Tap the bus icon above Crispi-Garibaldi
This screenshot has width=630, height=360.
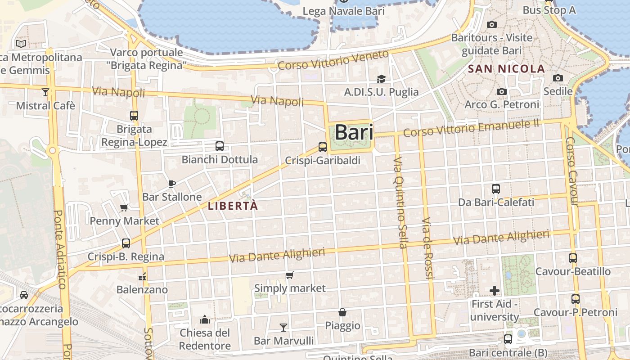tap(323, 147)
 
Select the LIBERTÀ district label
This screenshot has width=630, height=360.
tap(233, 206)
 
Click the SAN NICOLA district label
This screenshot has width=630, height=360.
tap(507, 69)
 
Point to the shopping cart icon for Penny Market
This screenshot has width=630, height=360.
tap(124, 207)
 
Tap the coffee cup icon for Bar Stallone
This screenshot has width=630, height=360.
tap(171, 183)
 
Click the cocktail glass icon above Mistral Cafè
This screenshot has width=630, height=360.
tap(45, 92)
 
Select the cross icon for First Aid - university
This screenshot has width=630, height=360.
tap(495, 291)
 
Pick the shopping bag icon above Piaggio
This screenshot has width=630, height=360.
tap(342, 312)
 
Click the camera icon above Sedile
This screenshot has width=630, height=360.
tap(558, 78)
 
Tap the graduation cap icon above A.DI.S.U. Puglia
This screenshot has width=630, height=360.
tap(381, 79)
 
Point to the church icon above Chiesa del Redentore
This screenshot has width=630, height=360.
tap(205, 319)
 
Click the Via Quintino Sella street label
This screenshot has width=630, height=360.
tap(400, 202)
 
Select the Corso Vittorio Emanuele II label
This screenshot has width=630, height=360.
tap(471, 128)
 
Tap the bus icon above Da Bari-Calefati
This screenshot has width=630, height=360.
tap(496, 189)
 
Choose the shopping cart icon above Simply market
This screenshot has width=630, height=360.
tap(290, 275)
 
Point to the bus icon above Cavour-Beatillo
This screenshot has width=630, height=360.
tap(573, 258)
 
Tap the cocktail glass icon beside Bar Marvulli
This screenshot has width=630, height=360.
tap(283, 327)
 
